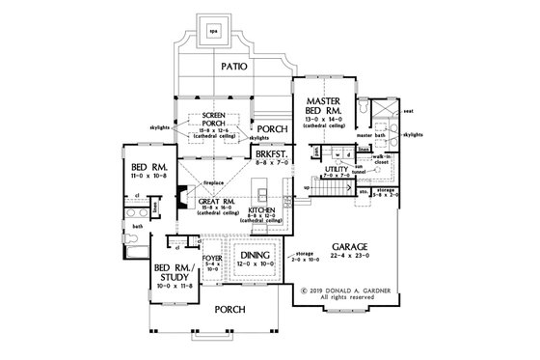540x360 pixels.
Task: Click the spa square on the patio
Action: (213, 31)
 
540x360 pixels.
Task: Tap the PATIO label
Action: (233, 67)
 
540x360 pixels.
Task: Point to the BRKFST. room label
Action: (270, 153)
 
